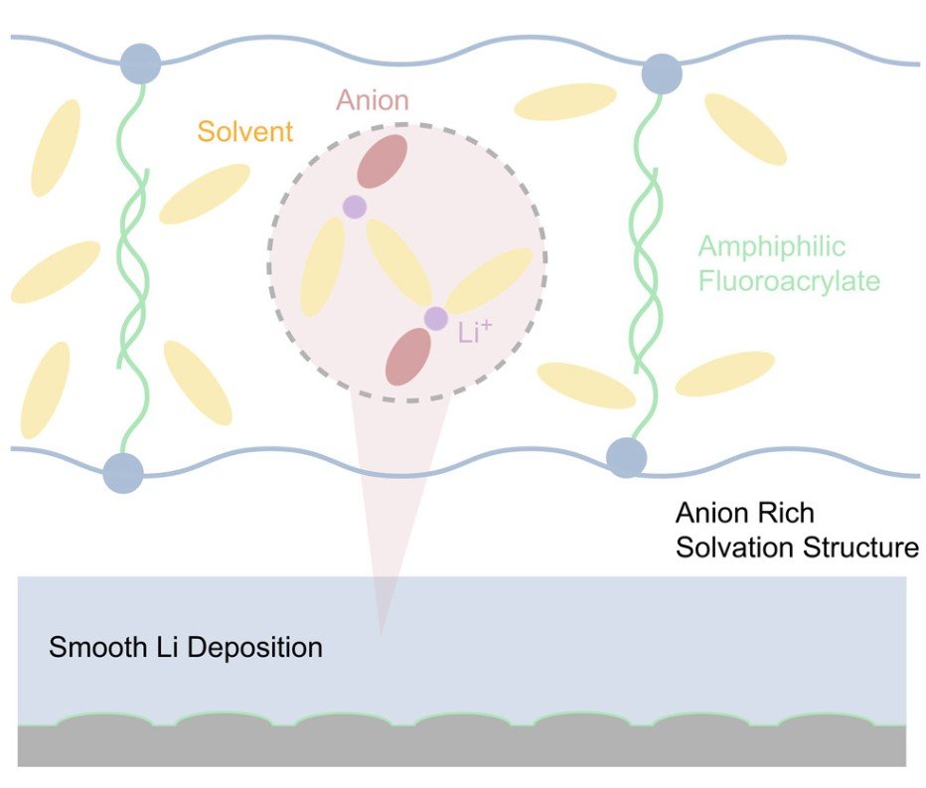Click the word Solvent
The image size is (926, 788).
(245, 131)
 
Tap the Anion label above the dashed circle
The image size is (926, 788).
(372, 100)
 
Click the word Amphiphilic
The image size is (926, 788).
(772, 246)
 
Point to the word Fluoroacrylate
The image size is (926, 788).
(789, 281)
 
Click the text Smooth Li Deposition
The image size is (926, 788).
(186, 648)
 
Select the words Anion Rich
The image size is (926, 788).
(744, 514)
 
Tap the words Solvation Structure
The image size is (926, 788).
(797, 548)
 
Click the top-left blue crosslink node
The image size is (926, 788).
(140, 63)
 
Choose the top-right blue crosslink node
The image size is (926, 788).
(662, 73)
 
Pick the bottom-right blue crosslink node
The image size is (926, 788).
(627, 457)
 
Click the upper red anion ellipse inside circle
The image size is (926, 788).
(382, 161)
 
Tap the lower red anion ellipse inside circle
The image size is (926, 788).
(407, 357)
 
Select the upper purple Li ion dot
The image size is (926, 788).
(354, 207)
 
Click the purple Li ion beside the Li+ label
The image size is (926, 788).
(435, 318)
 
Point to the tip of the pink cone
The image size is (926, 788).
(381, 630)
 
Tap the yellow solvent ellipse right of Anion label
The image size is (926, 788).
(564, 100)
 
